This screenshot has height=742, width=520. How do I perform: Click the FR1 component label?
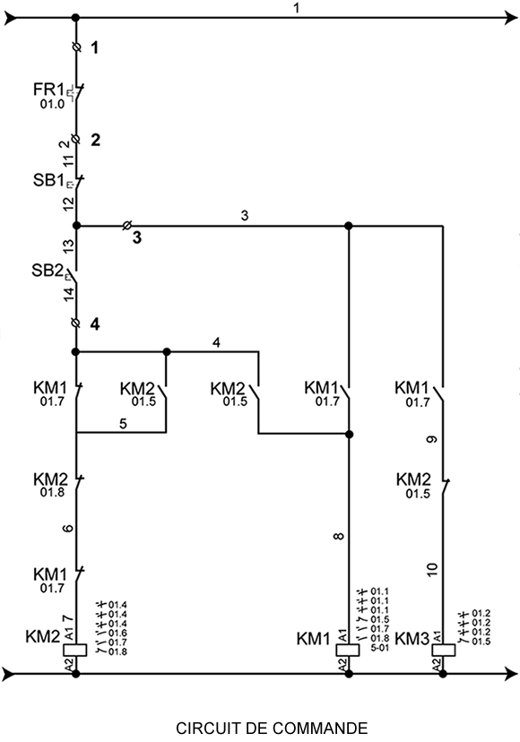coord(48,89)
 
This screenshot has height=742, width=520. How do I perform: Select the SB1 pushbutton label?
coord(48,180)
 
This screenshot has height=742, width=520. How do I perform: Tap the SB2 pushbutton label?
coord(48,271)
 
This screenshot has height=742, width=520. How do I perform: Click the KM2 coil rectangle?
coord(75,650)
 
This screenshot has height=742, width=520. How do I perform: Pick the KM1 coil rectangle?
coord(348,650)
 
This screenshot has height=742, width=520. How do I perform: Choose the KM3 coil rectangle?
coord(444,650)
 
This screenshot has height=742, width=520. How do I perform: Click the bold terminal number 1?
coord(95,47)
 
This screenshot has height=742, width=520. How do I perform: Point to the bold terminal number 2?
coord(95,140)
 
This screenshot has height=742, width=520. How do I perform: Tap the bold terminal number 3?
coord(137,237)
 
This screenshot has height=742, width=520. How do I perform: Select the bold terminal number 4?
coord(95,324)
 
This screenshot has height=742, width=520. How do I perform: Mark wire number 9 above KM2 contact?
coord(431,440)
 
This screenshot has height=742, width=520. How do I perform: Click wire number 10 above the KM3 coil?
coord(432,569)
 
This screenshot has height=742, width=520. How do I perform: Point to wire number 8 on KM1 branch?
coord(338,536)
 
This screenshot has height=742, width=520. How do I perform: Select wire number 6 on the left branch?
coord(68,528)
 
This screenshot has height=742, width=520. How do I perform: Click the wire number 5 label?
coord(123,424)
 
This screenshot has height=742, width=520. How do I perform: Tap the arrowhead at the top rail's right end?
coord(512,19)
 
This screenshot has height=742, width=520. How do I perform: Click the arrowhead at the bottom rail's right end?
coord(512,673)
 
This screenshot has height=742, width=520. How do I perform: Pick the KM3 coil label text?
coord(412,639)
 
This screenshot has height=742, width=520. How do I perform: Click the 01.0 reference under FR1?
coord(52,104)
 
